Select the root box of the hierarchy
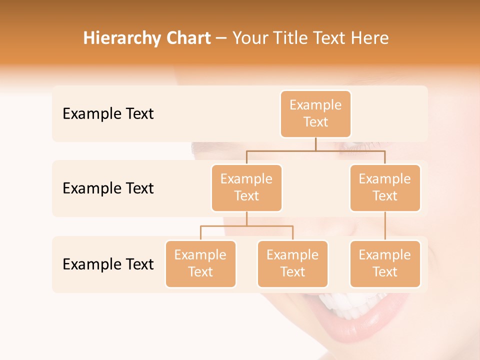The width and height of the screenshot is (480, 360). (315, 114)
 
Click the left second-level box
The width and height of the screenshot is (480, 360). (246, 188)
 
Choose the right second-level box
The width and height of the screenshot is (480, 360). (385, 188)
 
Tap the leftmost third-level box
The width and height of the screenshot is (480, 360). (200, 264)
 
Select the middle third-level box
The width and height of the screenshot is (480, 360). (292, 264)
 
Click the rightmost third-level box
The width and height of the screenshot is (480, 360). (385, 264)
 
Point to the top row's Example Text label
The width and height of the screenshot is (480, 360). (108, 114)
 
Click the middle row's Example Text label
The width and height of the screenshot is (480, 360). (108, 188)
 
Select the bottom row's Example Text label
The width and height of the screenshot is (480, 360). (108, 264)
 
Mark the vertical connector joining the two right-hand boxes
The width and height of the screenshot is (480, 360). (385, 226)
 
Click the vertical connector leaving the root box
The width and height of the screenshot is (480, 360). (315, 144)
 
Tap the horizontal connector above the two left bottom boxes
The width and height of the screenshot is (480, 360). (246, 226)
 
